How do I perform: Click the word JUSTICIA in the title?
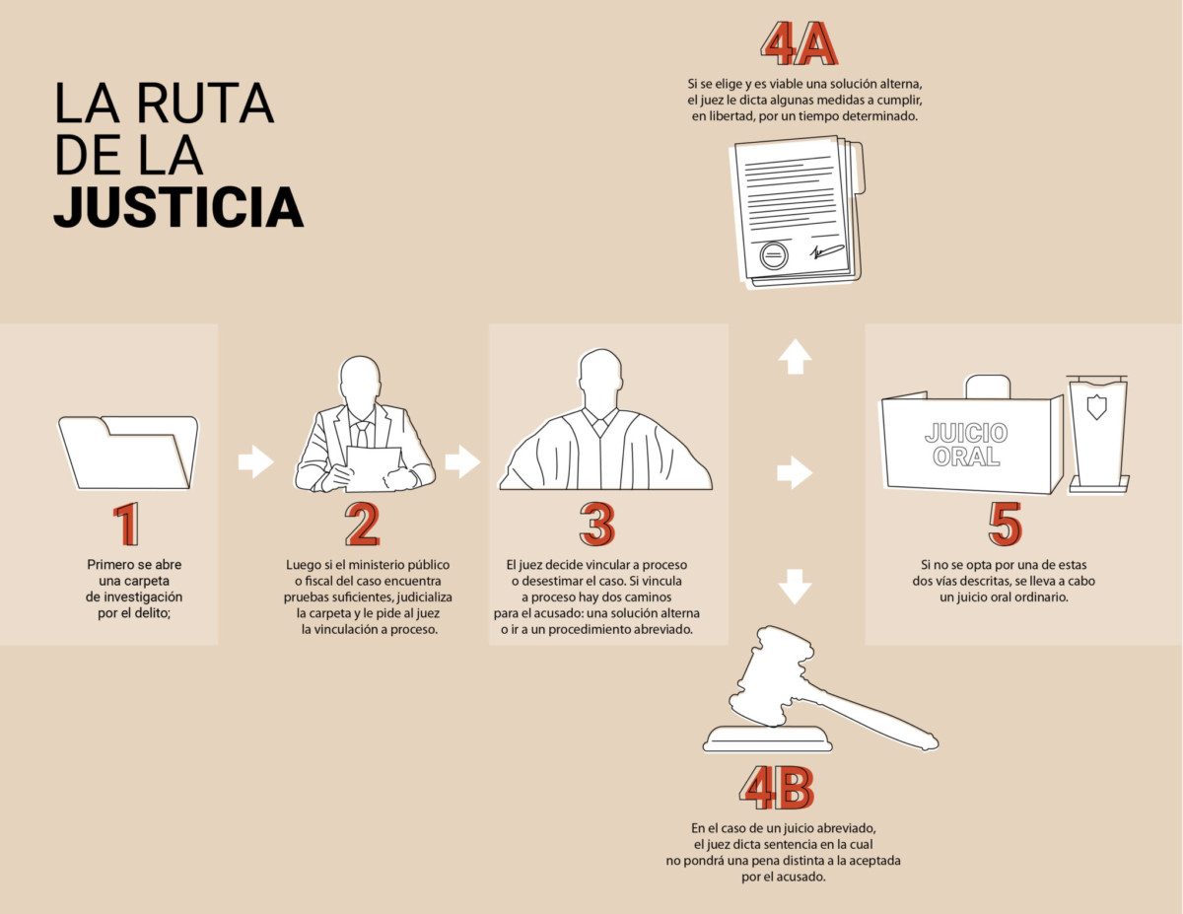click(178, 207)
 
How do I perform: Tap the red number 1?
click(127, 524)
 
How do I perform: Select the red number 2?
click(362, 524)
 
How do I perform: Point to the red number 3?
click(597, 524)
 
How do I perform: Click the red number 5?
click(1005, 524)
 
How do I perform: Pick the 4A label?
click(799, 44)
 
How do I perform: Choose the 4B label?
click(776, 788)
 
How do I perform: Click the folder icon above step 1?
click(128, 453)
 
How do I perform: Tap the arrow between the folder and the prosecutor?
click(255, 461)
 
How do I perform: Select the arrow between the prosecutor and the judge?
click(462, 461)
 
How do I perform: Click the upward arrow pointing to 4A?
click(795, 357)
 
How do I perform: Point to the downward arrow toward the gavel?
click(795, 587)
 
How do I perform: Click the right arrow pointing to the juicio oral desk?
click(795, 472)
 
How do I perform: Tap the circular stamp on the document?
click(774, 255)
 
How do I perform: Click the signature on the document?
click(826, 250)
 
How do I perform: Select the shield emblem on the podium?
click(1096, 407)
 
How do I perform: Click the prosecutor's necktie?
click(362, 435)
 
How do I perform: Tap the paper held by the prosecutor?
click(374, 468)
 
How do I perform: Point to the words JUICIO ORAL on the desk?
click(966, 445)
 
